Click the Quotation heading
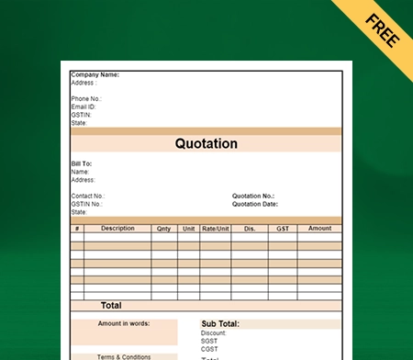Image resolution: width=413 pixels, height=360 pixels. pyautogui.click(x=206, y=144)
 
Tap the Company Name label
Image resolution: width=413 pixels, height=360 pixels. pyautogui.click(x=95, y=74)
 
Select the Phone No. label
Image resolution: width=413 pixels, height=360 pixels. pyautogui.click(x=86, y=98)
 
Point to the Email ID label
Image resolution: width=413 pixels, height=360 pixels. pyautogui.click(x=84, y=106)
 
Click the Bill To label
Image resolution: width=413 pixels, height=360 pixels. pyautogui.click(x=81, y=163)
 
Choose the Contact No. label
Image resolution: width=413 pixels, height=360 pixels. pyautogui.click(x=88, y=196)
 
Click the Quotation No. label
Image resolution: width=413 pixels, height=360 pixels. pyautogui.click(x=253, y=196)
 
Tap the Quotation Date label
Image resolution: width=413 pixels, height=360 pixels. pyautogui.click(x=255, y=204)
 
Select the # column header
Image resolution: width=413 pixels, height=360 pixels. pyautogui.click(x=77, y=229)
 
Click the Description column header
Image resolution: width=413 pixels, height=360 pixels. pyautogui.click(x=117, y=229)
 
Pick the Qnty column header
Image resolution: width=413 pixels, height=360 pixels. pyautogui.click(x=163, y=229)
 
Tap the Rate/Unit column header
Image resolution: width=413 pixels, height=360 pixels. pyautogui.click(x=216, y=229)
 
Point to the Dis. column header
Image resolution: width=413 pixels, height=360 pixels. pyautogui.click(x=250, y=229)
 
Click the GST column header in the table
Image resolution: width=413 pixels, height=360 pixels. pyautogui.click(x=282, y=229)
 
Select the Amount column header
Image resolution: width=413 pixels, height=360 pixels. pyautogui.click(x=319, y=229)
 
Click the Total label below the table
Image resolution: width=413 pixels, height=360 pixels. pyautogui.click(x=111, y=305)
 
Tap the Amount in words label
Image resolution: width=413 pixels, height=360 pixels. pyautogui.click(x=124, y=323)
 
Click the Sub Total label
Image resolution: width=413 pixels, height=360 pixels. pyautogui.click(x=220, y=324)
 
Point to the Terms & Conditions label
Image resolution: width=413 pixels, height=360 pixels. pyautogui.click(x=124, y=356)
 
